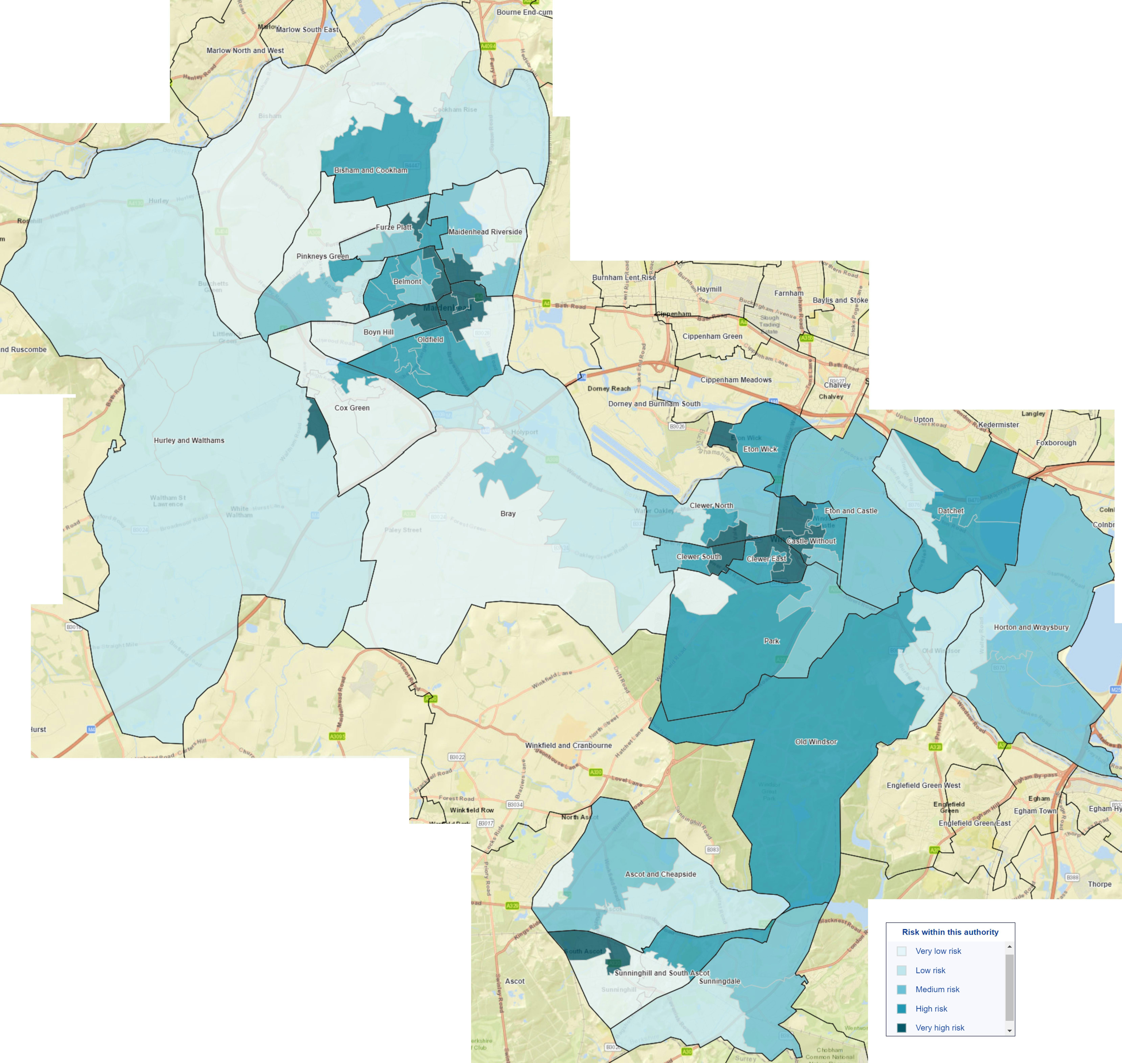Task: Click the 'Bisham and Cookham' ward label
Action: [371, 170]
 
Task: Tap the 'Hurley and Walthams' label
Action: [189, 440]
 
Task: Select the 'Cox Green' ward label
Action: [352, 408]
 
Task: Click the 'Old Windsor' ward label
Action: [815, 742]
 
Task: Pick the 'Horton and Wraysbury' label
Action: [1031, 627]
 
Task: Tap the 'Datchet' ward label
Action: [950, 511]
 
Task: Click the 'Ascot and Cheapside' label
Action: [660, 874]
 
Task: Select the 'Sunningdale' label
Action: [719, 981]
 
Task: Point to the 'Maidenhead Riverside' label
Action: [485, 232]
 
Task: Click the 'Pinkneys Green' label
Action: [322, 256]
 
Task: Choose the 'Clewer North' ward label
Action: [711, 505]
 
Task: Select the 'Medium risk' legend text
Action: [937, 989]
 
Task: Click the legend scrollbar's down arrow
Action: [1009, 1031]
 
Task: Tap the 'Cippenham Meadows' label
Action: [736, 380]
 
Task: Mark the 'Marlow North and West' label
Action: [245, 50]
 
